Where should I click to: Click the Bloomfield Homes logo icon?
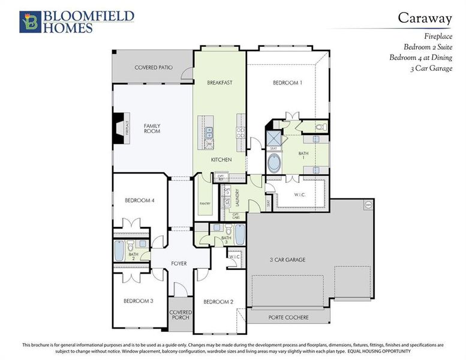point(29,22)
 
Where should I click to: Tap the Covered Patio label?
point(153,68)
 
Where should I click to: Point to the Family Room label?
point(152,128)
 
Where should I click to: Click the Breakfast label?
point(220,82)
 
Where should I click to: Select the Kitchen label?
point(221,160)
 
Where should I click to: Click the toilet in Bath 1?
point(320,127)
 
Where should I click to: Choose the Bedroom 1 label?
point(288,83)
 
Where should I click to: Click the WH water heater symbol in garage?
point(368,205)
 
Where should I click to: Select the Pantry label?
point(205,204)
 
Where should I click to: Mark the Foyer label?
point(178,263)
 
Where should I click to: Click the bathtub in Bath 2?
point(119,249)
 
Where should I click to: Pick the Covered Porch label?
point(180,315)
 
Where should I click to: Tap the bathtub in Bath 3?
point(239,234)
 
